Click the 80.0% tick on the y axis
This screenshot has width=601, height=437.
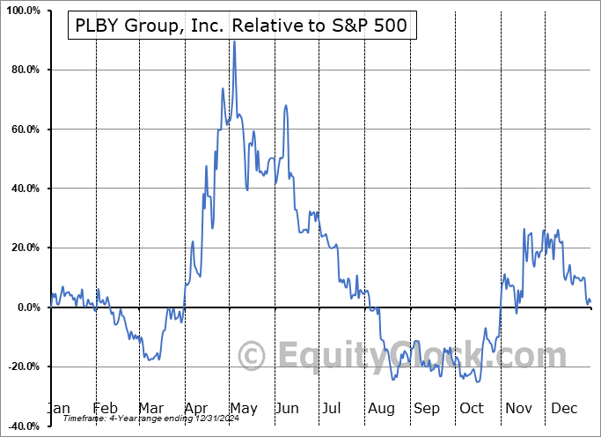pos(22,70)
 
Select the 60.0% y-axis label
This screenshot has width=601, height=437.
pos(22,130)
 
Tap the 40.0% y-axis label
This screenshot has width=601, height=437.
pos(22,189)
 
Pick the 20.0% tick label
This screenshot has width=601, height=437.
pos(22,248)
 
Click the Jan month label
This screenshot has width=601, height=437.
pos(57,409)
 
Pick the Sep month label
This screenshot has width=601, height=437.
pos(427,409)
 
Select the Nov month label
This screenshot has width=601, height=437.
pos(517,409)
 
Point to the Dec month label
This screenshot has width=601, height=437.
pos(562,409)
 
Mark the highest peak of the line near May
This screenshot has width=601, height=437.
pos(234,41)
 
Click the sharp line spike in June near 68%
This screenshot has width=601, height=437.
pos(286,106)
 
